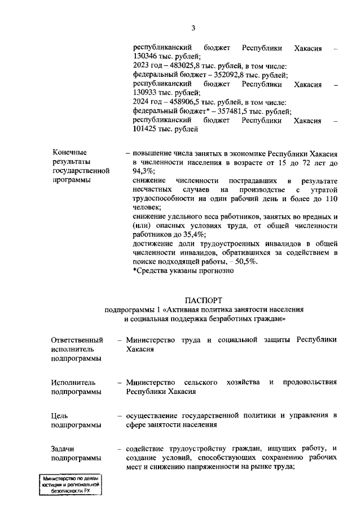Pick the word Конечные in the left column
[x=69, y=153]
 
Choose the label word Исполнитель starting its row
[x=73, y=383]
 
